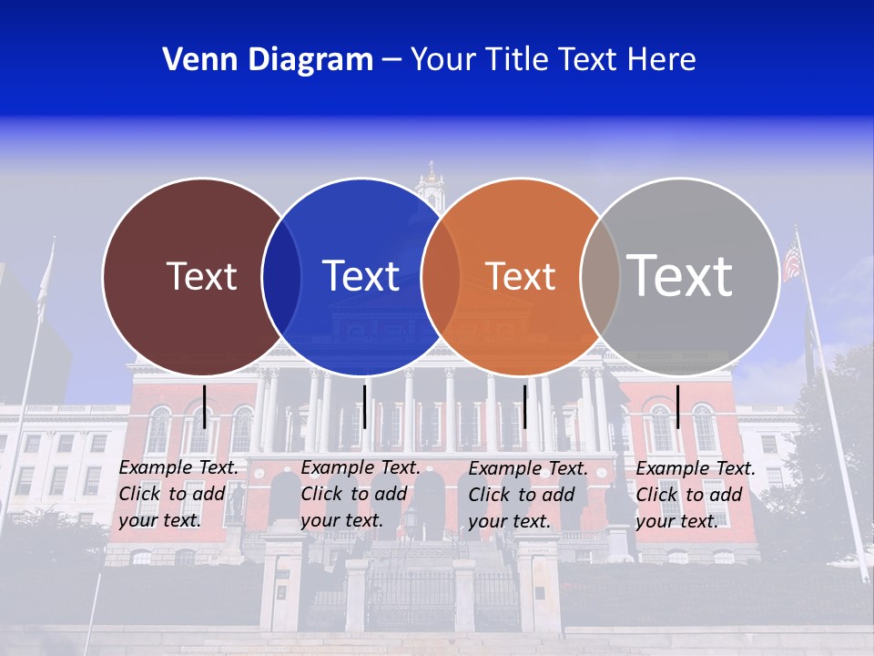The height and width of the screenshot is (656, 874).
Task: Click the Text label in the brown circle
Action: pos(201,276)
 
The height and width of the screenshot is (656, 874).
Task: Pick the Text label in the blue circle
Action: pos(361,276)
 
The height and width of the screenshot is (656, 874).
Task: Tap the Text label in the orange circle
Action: pos(521,276)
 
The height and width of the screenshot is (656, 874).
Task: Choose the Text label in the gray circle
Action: pos(680,275)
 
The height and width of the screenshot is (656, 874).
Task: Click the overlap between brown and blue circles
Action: pos(281,277)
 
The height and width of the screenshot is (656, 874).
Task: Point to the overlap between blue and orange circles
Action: pos(441,277)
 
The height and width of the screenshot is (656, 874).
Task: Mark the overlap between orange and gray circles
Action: pos(600,277)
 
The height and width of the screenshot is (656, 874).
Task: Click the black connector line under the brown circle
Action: pos(205,406)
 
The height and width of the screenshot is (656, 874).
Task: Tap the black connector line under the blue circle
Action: pos(364,406)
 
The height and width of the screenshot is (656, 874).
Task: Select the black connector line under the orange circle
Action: pos(524,406)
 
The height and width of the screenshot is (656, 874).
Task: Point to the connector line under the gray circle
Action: pos(677,406)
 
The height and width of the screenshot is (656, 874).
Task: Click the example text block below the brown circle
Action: pos(178,494)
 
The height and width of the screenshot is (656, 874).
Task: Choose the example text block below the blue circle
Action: pos(361,494)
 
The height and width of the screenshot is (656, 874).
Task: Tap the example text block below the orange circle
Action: pos(528,495)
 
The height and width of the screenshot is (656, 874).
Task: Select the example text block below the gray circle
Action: pos(696,495)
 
